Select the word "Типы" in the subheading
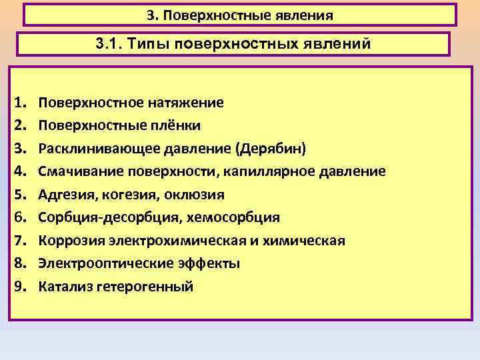point(155,45)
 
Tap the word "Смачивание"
point(79,171)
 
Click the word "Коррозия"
point(69,241)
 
